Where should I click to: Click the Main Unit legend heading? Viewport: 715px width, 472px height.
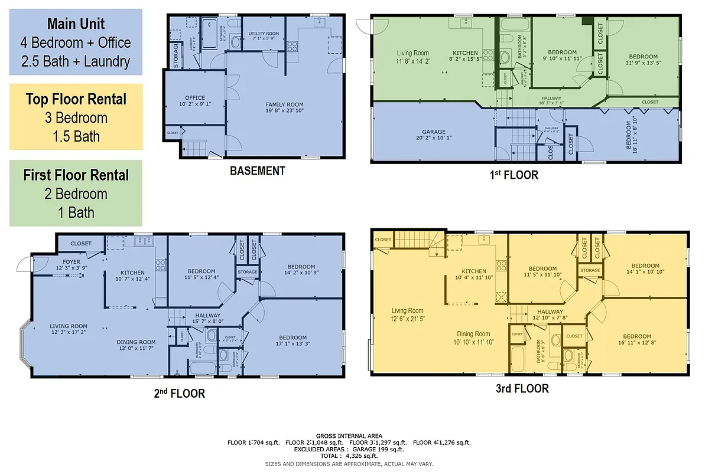76,24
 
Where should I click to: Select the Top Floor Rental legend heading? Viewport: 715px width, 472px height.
76,99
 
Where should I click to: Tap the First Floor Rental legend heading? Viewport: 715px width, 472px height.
76,175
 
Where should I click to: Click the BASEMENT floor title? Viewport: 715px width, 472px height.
257,171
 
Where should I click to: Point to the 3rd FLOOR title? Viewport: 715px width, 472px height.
522,389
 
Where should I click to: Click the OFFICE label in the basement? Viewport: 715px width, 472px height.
194,98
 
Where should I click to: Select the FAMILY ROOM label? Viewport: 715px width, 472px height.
284,104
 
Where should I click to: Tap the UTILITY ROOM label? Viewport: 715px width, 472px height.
264,34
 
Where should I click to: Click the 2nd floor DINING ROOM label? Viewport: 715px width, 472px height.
136,342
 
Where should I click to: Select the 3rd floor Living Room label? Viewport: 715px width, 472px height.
407,311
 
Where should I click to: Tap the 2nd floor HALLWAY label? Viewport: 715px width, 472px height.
207,316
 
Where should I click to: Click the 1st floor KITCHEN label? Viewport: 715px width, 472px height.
461,53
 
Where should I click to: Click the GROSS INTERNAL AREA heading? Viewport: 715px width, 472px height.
349,436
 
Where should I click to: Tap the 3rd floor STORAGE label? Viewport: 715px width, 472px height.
590,270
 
